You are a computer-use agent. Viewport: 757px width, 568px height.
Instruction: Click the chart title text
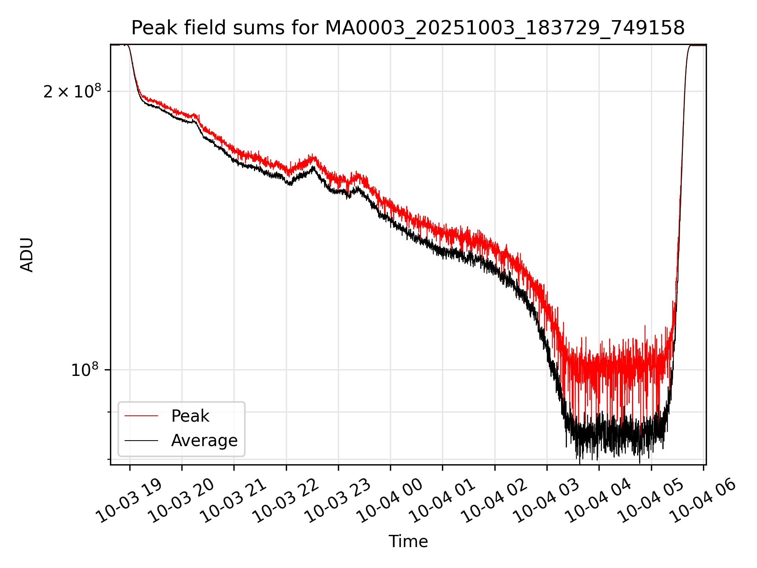click(x=408, y=28)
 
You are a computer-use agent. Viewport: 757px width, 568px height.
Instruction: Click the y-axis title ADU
click(x=27, y=255)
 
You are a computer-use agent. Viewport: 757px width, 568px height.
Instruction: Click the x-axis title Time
click(x=408, y=541)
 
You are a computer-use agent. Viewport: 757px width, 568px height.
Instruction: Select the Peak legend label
click(x=190, y=416)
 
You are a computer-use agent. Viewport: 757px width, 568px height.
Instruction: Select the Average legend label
click(x=204, y=441)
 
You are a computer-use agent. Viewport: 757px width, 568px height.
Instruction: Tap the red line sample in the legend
click(x=141, y=416)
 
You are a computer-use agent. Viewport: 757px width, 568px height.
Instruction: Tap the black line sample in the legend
click(x=141, y=441)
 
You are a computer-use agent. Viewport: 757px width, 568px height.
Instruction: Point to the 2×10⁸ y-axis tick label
click(x=72, y=92)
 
